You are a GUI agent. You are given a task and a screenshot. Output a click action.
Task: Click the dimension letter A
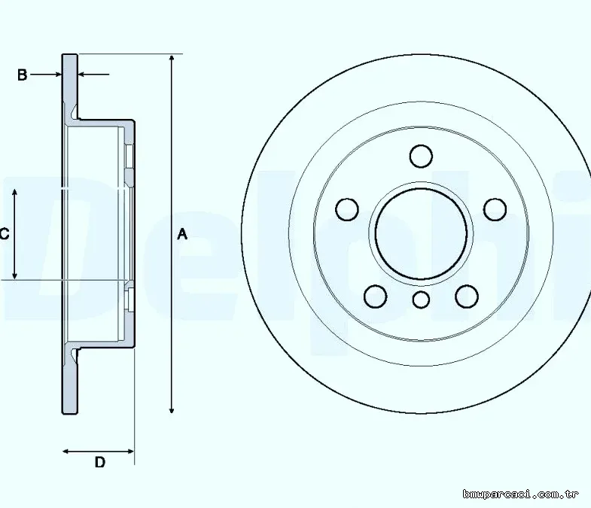pos(182,234)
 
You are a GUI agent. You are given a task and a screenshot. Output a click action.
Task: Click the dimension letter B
pos(23,75)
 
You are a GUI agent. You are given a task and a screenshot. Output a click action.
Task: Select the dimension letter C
pos(5,234)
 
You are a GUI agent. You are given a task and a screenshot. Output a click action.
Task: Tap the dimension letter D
pos(100,462)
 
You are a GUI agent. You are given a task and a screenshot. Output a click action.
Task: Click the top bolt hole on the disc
pos(421,156)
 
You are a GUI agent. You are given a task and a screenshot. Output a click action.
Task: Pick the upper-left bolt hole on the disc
pos(347,209)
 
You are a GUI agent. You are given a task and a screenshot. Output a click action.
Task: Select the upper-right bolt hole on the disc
pos(495,209)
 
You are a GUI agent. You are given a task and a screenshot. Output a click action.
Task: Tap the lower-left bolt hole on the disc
pos(376,297)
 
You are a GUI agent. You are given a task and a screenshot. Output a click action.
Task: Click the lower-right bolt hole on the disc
pos(467,297)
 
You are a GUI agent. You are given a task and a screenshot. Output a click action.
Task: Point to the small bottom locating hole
pos(421,300)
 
